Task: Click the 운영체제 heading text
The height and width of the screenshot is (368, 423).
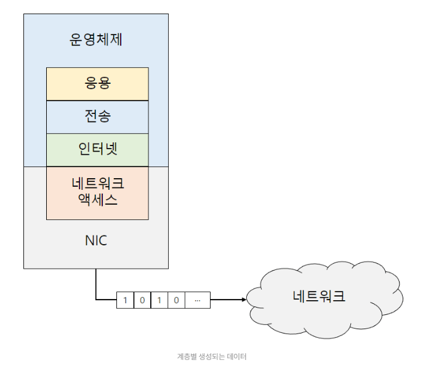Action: pyautogui.click(x=97, y=40)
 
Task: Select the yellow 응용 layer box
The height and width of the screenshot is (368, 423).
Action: pyautogui.click(x=97, y=84)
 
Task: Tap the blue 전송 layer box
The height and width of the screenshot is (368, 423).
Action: pyautogui.click(x=97, y=117)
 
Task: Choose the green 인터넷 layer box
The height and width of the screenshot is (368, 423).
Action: pyautogui.click(x=97, y=150)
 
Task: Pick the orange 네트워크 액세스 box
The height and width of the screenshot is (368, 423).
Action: pyautogui.click(x=97, y=192)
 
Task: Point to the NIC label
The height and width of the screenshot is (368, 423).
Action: pyautogui.click(x=96, y=240)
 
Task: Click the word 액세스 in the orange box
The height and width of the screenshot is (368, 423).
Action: pyautogui.click(x=97, y=200)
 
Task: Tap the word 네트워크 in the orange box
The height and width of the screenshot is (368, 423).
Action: pyautogui.click(x=97, y=184)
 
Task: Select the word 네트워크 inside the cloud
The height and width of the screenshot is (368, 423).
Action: pyautogui.click(x=319, y=296)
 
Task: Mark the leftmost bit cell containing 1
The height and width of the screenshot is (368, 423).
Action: pyautogui.click(x=125, y=300)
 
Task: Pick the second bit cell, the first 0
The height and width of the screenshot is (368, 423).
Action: pyautogui.click(x=142, y=300)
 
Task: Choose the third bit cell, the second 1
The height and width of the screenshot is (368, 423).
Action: pyautogui.click(x=159, y=300)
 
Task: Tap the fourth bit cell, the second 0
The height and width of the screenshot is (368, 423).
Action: pyautogui.click(x=176, y=300)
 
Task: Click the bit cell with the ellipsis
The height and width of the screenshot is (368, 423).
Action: pyautogui.click(x=197, y=300)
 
